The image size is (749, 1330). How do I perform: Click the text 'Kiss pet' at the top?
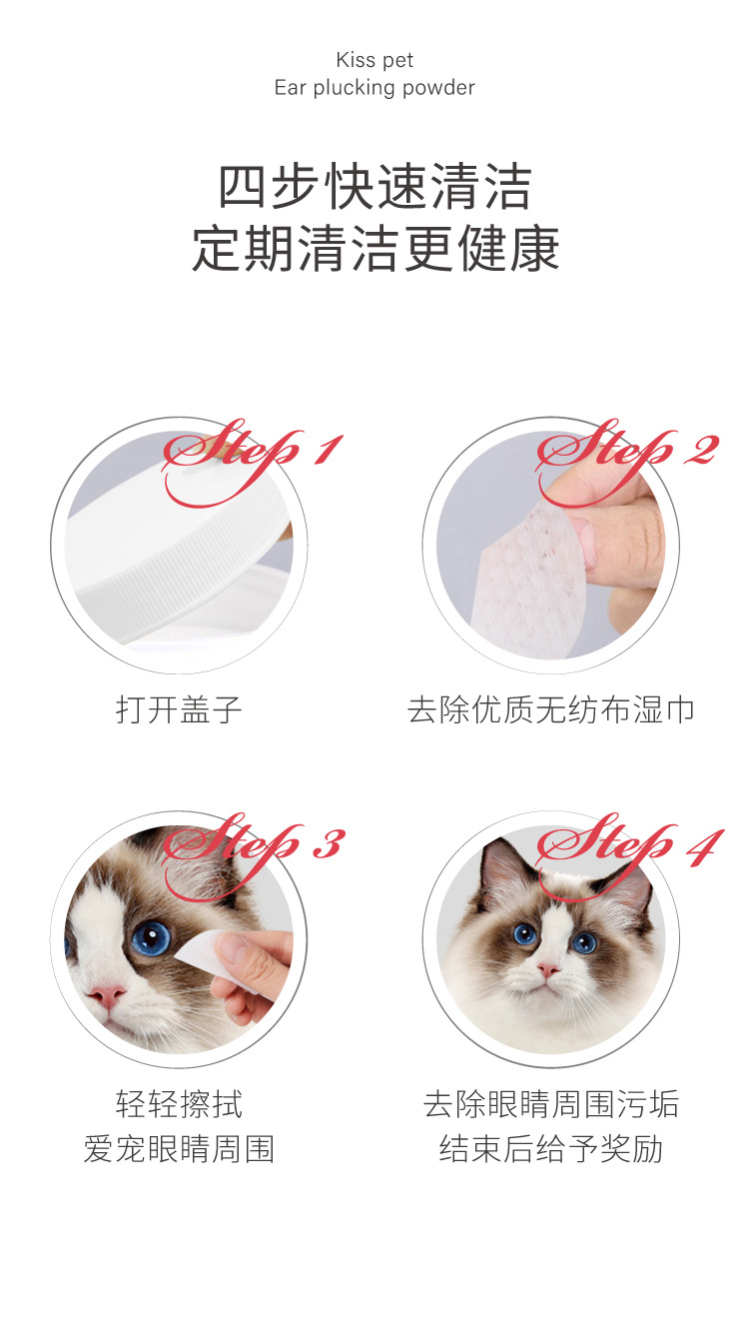click(x=374, y=61)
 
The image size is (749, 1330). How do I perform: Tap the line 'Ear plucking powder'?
click(x=374, y=88)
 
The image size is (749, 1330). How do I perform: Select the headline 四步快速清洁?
click(x=374, y=187)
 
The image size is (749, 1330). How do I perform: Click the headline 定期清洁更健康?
click(x=374, y=248)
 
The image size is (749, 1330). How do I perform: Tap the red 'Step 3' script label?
click(x=254, y=845)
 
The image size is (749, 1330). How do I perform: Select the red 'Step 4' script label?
click(x=628, y=845)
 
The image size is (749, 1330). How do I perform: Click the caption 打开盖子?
click(x=179, y=710)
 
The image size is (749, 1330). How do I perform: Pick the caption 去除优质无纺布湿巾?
click(x=550, y=710)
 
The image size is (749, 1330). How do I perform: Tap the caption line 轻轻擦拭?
click(x=179, y=1104)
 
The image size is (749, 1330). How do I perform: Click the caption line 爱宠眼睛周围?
click(x=179, y=1149)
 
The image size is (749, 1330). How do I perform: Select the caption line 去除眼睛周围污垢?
click(x=550, y=1104)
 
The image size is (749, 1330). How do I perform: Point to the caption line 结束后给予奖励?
click(x=550, y=1149)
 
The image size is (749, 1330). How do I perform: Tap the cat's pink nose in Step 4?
click(x=548, y=970)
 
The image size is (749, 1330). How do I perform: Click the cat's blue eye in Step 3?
click(x=151, y=937)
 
